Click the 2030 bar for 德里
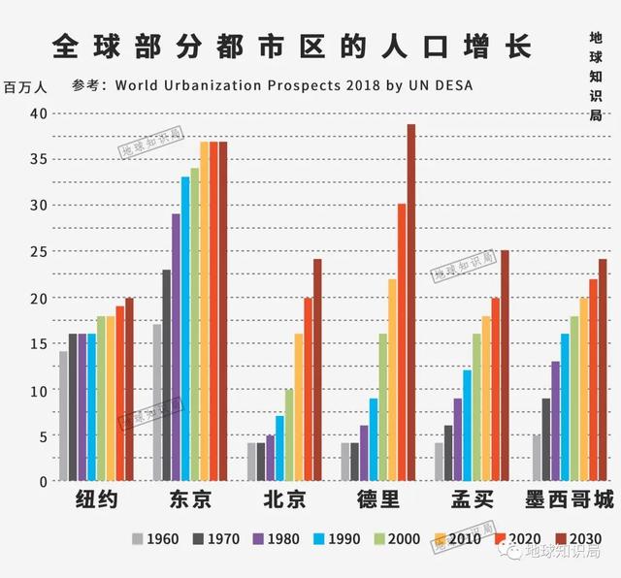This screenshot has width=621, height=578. pyautogui.click(x=410, y=303)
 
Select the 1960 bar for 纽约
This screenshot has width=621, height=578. pyautogui.click(x=63, y=416)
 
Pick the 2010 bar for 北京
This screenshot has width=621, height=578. pyautogui.click(x=298, y=407)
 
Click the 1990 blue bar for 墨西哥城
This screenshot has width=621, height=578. pyautogui.click(x=564, y=407)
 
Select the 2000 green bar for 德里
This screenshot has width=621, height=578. pyautogui.click(x=382, y=407)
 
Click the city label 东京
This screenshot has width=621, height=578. pyautogui.click(x=189, y=501)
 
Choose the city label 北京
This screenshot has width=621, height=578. pyautogui.click(x=283, y=501)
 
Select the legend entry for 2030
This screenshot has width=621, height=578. pyautogui.click(x=574, y=539)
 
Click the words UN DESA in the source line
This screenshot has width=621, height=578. pyautogui.click(x=440, y=84)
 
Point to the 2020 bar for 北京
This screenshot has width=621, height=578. pyautogui.click(x=308, y=389)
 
